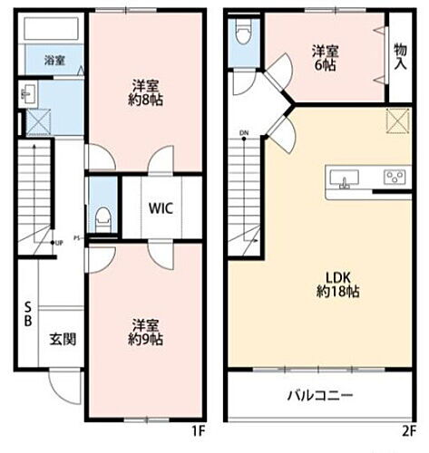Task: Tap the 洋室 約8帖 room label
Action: pos(143,93)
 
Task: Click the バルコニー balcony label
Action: pos(320,396)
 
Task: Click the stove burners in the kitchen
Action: pos(395,178)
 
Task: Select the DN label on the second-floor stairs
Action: pos(244,135)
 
